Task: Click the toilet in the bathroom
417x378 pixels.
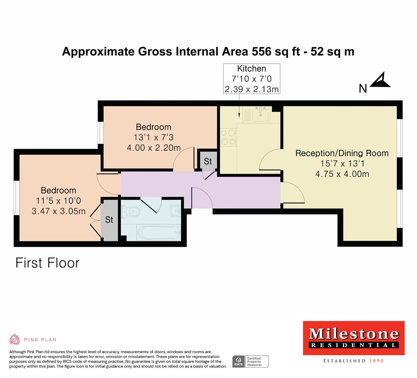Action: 131,212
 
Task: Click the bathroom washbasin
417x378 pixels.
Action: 175,211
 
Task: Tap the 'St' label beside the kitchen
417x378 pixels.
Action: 208,161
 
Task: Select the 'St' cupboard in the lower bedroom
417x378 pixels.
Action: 109,220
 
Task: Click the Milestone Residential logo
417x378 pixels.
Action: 353,337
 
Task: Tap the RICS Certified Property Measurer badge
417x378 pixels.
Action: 251,361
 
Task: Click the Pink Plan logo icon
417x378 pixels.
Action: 14,339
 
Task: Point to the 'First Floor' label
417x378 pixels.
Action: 47,263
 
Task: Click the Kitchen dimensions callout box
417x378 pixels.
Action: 251,79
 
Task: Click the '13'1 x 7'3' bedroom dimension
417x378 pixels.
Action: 153,138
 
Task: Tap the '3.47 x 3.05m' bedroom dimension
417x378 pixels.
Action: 58,211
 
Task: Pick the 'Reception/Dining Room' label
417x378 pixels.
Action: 342,153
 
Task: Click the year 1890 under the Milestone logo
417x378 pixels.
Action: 376,360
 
